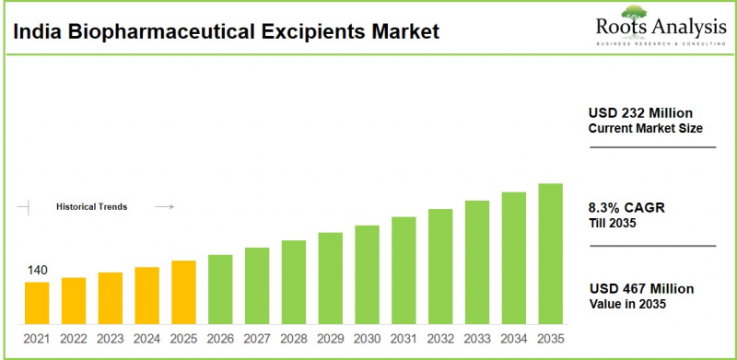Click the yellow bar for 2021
click(x=37, y=303)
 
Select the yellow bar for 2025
click(x=183, y=292)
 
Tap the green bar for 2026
click(x=220, y=289)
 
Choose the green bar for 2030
click(x=367, y=274)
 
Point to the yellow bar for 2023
click(x=111, y=298)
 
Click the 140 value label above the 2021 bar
click(x=37, y=270)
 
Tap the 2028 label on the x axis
click(x=293, y=339)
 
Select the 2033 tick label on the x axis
click(x=476, y=339)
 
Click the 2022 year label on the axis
click(x=74, y=339)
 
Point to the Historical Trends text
click(x=92, y=207)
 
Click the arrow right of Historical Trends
click(x=165, y=207)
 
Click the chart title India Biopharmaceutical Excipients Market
click(x=227, y=32)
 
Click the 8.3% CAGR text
click(x=626, y=207)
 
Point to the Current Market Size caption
click(x=646, y=128)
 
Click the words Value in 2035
click(x=627, y=304)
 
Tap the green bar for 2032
click(x=440, y=266)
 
